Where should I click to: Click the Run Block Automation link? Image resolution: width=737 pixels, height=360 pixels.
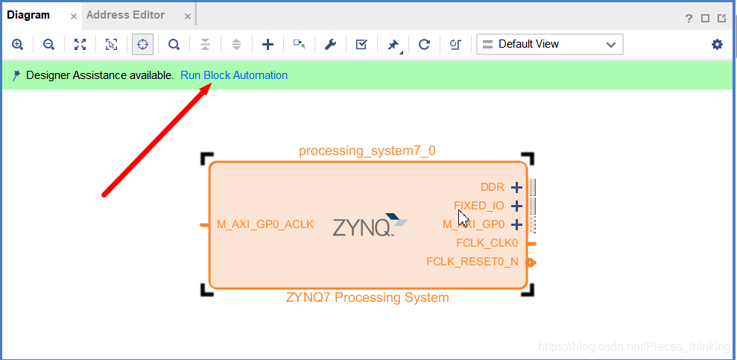coord(234,75)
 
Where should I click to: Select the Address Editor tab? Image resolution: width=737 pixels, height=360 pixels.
coord(125,15)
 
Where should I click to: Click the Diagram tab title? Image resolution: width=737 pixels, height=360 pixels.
coord(28,15)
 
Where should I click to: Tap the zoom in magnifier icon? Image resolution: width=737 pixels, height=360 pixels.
coord(18,45)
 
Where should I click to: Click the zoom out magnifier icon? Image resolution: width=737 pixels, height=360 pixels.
coord(48,45)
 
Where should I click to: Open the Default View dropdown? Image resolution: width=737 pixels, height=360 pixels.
coord(549,45)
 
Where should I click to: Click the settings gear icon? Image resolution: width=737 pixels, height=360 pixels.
coord(717,45)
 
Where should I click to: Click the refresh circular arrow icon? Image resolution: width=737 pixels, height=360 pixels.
coord(424,45)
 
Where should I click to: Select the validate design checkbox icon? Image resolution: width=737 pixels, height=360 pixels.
coord(361,45)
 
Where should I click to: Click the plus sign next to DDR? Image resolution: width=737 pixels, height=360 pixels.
coord(516,187)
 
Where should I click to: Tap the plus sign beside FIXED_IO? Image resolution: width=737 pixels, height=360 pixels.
coord(516,206)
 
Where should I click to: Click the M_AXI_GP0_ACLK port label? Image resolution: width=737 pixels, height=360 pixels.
coord(265,224)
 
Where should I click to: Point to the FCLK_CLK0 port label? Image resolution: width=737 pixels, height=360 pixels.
coord(487,243)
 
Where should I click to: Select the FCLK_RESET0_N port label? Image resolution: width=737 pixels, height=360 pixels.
coord(472,262)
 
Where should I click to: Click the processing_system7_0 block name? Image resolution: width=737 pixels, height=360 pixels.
coord(367,151)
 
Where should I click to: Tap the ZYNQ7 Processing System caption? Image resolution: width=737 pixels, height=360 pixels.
coord(367,297)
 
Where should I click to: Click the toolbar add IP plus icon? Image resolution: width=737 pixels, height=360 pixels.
coord(268,45)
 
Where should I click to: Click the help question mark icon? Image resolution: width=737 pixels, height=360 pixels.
coord(689,18)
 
